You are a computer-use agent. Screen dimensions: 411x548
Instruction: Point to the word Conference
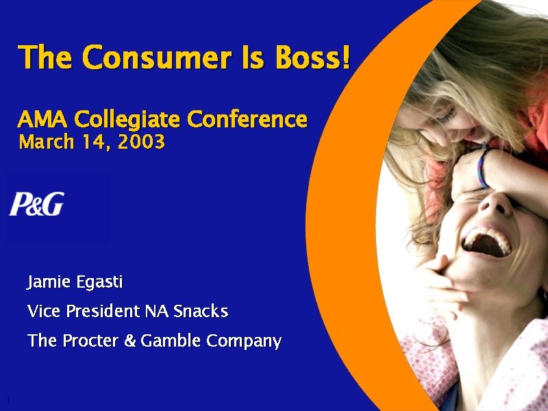click(x=247, y=120)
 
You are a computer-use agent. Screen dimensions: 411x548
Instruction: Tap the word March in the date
click(x=44, y=142)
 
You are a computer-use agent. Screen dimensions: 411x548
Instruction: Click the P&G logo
click(x=36, y=205)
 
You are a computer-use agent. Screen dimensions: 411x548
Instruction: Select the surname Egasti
click(x=97, y=282)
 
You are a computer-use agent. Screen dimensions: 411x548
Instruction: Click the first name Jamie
click(x=47, y=282)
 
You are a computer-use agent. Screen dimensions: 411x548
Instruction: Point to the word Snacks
click(x=200, y=312)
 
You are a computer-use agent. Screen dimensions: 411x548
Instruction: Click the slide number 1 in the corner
click(x=7, y=400)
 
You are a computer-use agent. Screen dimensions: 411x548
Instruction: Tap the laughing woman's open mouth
click(x=487, y=241)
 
